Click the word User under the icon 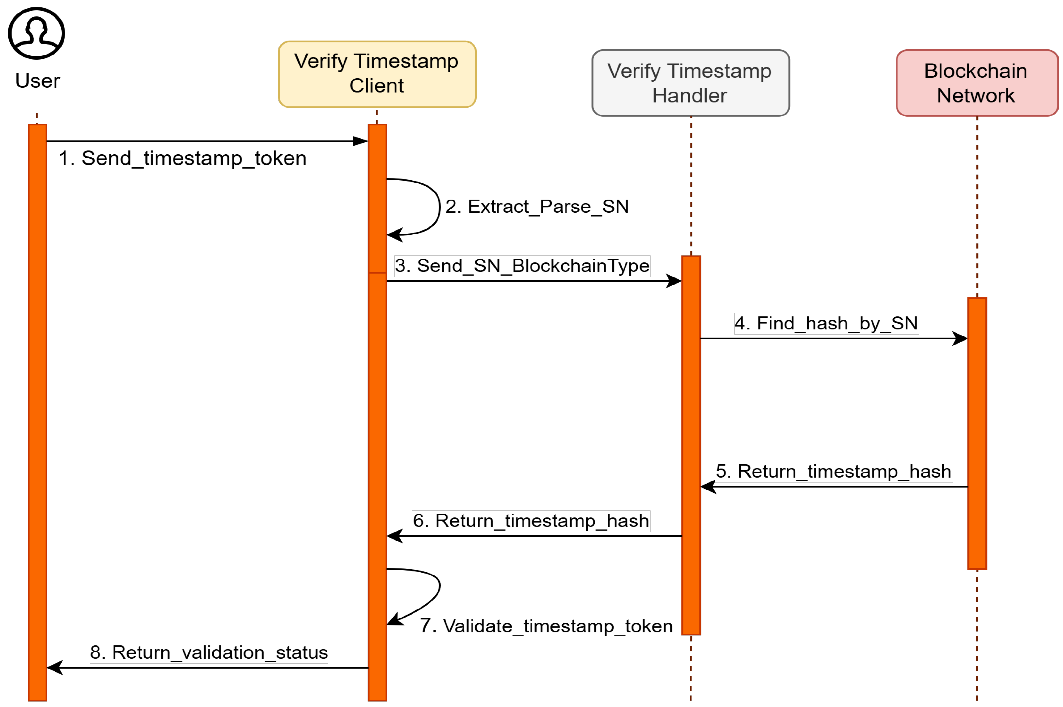(38, 81)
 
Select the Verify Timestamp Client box (377, 74)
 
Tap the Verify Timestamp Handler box (690, 83)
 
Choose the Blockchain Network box (976, 83)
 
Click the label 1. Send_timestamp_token (183, 158)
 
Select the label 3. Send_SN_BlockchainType (522, 266)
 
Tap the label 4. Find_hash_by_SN (826, 323)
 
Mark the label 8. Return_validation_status (209, 652)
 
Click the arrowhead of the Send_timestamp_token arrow (361, 141)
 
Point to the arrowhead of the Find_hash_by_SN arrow (960, 339)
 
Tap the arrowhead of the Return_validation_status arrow (54, 668)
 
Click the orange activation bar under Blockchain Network (977, 433)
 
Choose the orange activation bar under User (38, 406)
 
